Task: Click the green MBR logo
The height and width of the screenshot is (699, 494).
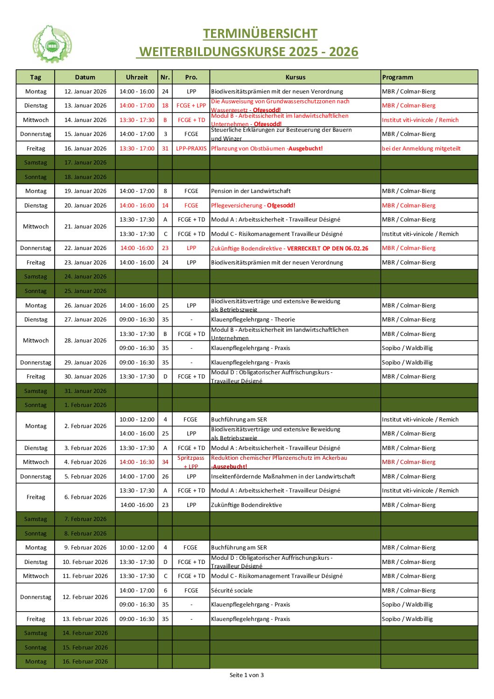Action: pyautogui.click(x=52, y=45)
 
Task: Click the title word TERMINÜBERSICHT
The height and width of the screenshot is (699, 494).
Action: pyautogui.click(x=260, y=34)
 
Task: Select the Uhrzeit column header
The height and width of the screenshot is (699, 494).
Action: pyautogui.click(x=137, y=78)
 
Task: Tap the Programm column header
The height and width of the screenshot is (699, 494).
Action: pyautogui.click(x=397, y=78)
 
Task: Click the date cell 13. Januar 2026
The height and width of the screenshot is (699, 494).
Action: pyautogui.click(x=85, y=106)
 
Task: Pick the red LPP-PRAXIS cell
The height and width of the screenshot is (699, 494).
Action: pyautogui.click(x=191, y=149)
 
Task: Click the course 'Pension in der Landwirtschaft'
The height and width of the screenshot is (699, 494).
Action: pyautogui.click(x=251, y=191)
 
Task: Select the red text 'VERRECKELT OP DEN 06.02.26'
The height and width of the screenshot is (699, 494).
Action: pyautogui.click(x=327, y=249)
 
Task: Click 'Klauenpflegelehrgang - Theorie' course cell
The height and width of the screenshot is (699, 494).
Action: pyautogui.click(x=253, y=320)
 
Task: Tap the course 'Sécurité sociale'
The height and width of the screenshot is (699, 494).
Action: pyautogui.click(x=232, y=591)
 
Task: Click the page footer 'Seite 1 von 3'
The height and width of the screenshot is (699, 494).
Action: pyautogui.click(x=247, y=675)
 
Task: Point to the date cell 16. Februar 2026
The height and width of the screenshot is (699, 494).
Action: pyautogui.click(x=85, y=662)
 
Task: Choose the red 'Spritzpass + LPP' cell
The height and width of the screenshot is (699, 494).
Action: pyautogui.click(x=191, y=462)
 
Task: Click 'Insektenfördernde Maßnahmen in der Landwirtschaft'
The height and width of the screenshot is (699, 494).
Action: pyautogui.click(x=283, y=477)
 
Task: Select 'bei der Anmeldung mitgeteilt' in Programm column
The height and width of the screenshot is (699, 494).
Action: pyautogui.click(x=421, y=149)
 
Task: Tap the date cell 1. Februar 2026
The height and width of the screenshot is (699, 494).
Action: pyautogui.click(x=85, y=405)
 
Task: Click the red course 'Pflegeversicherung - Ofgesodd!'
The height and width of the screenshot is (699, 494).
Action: pyautogui.click(x=253, y=206)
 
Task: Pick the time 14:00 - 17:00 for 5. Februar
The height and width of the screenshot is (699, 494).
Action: pyautogui.click(x=137, y=477)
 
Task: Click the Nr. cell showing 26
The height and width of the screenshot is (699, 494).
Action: pyautogui.click(x=165, y=477)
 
